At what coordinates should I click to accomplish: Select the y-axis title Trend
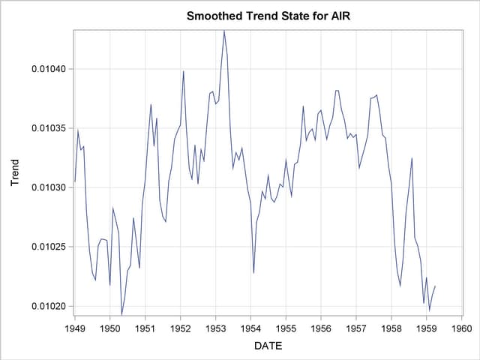coord(14,172)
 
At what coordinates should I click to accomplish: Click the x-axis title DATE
coord(268,345)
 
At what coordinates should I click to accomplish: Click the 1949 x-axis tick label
coord(75,328)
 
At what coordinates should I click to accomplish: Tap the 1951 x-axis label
coord(145,328)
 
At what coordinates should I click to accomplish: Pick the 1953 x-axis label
coord(216,328)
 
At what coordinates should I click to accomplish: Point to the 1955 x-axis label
coord(286,328)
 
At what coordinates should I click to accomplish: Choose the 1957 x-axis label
coord(356,328)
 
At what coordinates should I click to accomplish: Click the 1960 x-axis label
coord(462,328)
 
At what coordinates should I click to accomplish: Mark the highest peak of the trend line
coord(223,31)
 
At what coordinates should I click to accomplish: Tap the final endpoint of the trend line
coord(435,286)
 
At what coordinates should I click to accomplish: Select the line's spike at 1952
coord(183,71)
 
